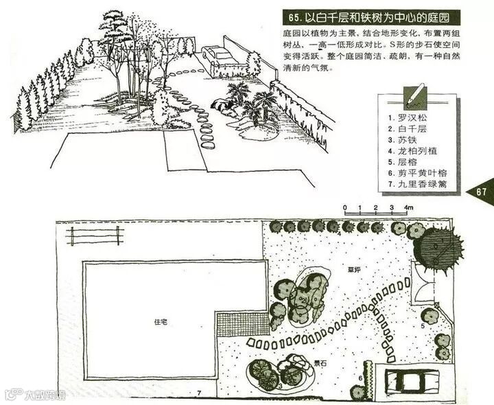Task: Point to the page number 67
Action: click(x=482, y=192)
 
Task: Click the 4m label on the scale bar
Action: click(x=409, y=207)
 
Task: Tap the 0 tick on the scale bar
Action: click(x=346, y=207)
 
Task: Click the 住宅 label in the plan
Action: click(x=161, y=321)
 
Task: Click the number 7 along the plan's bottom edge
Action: click(x=198, y=392)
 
